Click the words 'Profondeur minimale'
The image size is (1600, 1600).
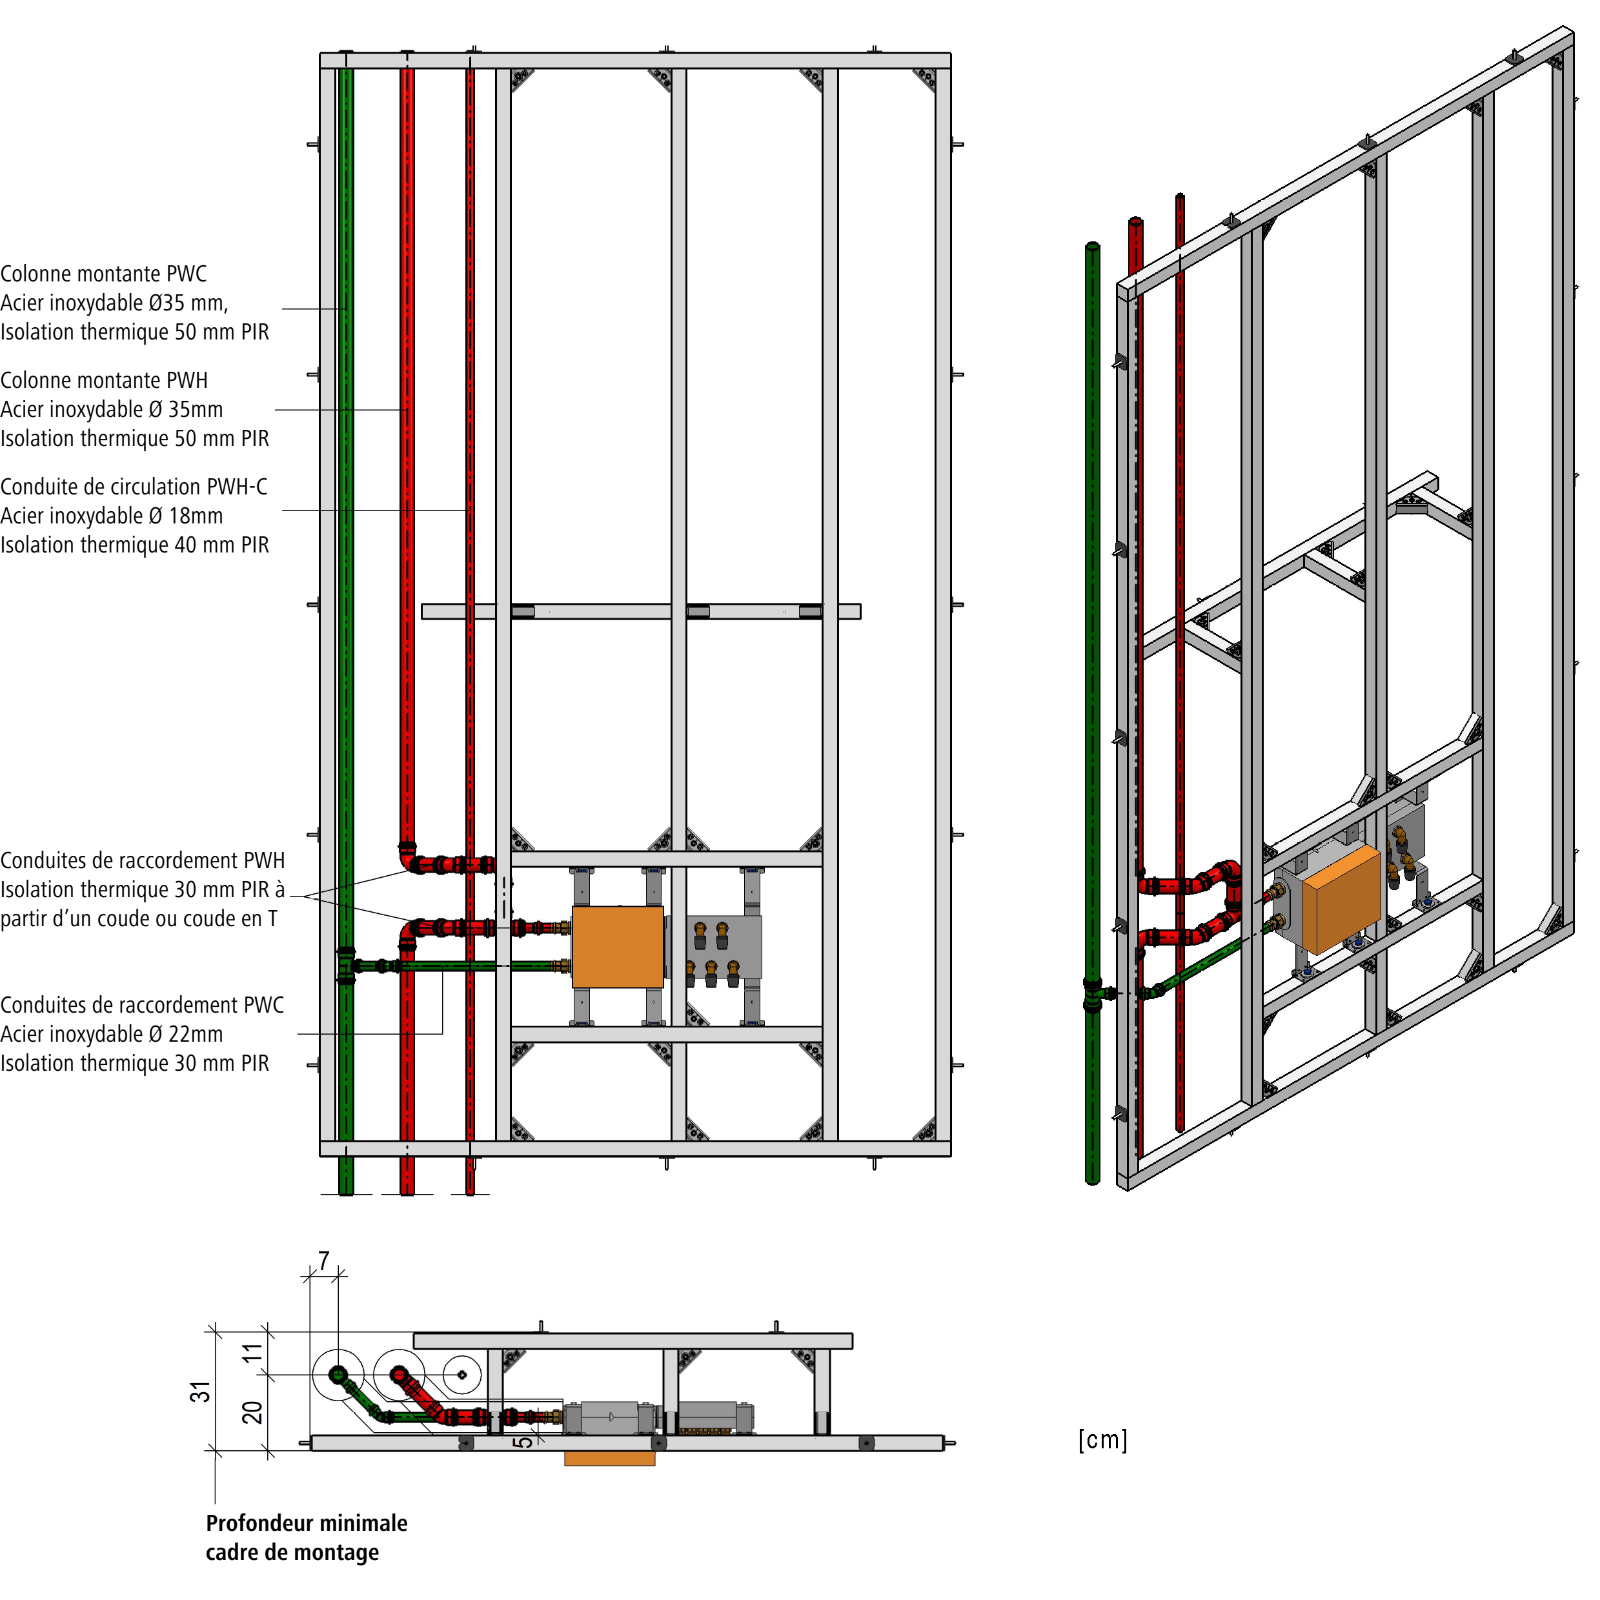307,1524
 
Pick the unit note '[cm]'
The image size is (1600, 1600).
1102,1440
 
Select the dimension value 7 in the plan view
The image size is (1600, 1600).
324,1261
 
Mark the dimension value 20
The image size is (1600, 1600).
252,1412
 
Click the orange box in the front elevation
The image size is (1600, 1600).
617,947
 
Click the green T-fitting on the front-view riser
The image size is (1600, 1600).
346,966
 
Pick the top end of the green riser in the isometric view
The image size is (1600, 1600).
1092,247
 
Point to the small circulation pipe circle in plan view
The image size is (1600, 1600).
461,1375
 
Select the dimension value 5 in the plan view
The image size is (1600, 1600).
522,1442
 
